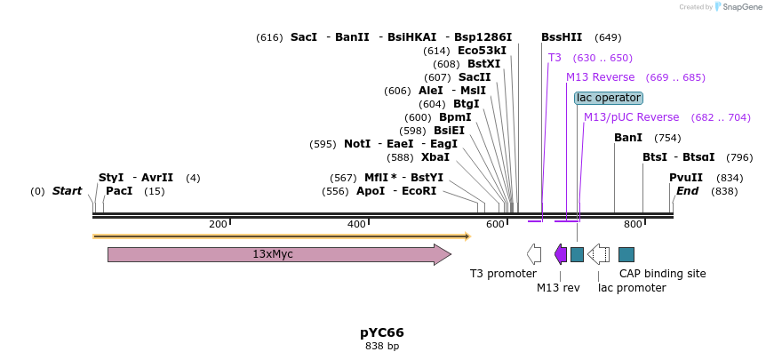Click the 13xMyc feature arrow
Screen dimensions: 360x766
[279, 255]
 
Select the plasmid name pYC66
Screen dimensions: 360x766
[382, 332]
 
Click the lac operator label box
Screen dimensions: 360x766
[608, 98]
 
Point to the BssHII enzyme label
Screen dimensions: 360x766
[562, 37]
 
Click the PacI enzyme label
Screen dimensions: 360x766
[117, 191]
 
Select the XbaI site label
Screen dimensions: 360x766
[435, 157]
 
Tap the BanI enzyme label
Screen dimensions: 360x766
[628, 138]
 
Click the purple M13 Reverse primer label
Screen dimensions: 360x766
[601, 77]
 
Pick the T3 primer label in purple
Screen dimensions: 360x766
[555, 58]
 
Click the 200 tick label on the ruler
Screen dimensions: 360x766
[218, 225]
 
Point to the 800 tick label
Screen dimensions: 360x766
[633, 225]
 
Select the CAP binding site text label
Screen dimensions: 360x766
[662, 274]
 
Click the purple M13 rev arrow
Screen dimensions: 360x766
[561, 254]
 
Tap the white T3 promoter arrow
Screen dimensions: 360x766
[534, 254]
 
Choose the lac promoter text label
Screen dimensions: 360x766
[632, 288]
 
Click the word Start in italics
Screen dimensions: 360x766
[67, 191]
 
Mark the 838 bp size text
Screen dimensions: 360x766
[382, 346]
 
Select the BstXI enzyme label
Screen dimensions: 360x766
[484, 64]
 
